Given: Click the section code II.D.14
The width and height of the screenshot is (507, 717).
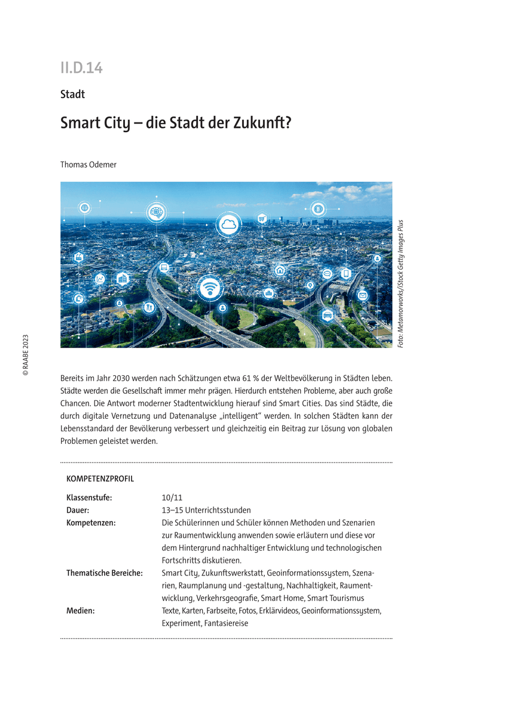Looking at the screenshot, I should pyautogui.click(x=81, y=68).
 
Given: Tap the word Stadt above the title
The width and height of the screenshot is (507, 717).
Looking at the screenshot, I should pyautogui.click(x=72, y=94).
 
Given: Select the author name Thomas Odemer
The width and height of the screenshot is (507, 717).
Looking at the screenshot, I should pyautogui.click(x=88, y=164).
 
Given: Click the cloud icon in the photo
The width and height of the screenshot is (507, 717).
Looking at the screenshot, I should pyautogui.click(x=228, y=225).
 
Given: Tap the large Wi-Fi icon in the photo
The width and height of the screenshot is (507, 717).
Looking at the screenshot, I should pyautogui.click(x=209, y=289).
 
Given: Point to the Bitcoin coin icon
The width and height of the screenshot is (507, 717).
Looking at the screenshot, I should pyautogui.click(x=318, y=209).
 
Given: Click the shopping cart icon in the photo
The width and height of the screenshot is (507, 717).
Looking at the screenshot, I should pyautogui.click(x=261, y=219).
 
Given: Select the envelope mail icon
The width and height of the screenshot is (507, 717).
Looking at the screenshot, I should pyautogui.click(x=362, y=295).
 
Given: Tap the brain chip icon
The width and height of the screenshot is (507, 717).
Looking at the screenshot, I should pyautogui.click(x=157, y=212).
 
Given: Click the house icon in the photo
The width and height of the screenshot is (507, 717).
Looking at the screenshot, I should pyautogui.click(x=280, y=271).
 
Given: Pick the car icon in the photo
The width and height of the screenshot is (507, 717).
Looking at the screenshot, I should pyautogui.click(x=327, y=315).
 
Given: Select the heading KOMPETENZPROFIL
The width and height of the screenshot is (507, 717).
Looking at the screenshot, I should pyautogui.click(x=100, y=479).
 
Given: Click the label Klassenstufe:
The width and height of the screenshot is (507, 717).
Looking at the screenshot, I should pyautogui.click(x=89, y=497).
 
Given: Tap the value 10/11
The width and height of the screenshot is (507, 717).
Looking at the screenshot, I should pyautogui.click(x=172, y=497).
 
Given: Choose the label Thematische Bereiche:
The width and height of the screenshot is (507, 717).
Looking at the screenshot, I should pyautogui.click(x=104, y=573).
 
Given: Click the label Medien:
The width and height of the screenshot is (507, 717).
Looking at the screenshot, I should pyautogui.click(x=81, y=611).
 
